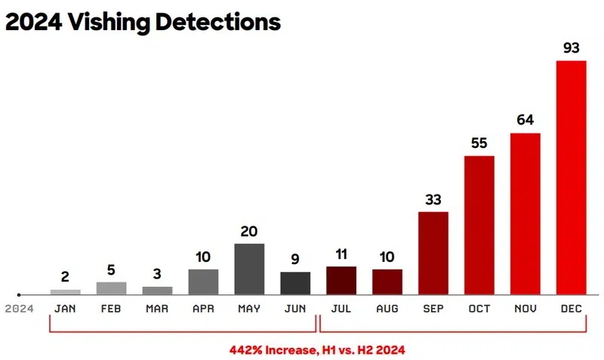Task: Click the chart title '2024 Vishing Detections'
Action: tap(143, 22)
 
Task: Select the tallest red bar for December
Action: tap(571, 177)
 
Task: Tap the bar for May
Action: tap(249, 269)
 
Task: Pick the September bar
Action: tap(433, 253)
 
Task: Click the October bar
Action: tap(479, 225)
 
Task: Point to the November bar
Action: tap(525, 214)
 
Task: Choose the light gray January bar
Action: tap(66, 291)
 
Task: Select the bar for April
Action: tap(203, 282)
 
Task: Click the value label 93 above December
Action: tap(571, 48)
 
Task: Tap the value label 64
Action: tap(525, 120)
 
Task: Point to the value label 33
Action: tap(433, 199)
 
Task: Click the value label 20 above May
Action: tap(249, 231)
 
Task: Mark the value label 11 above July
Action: tap(341, 254)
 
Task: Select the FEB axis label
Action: tap(111, 308)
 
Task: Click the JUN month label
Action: tap(295, 308)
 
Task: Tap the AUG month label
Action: tap(387, 308)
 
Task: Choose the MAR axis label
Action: tap(157, 308)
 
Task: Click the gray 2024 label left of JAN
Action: tap(19, 308)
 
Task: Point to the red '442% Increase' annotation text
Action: tap(318, 350)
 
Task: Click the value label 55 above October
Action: tap(479, 143)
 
